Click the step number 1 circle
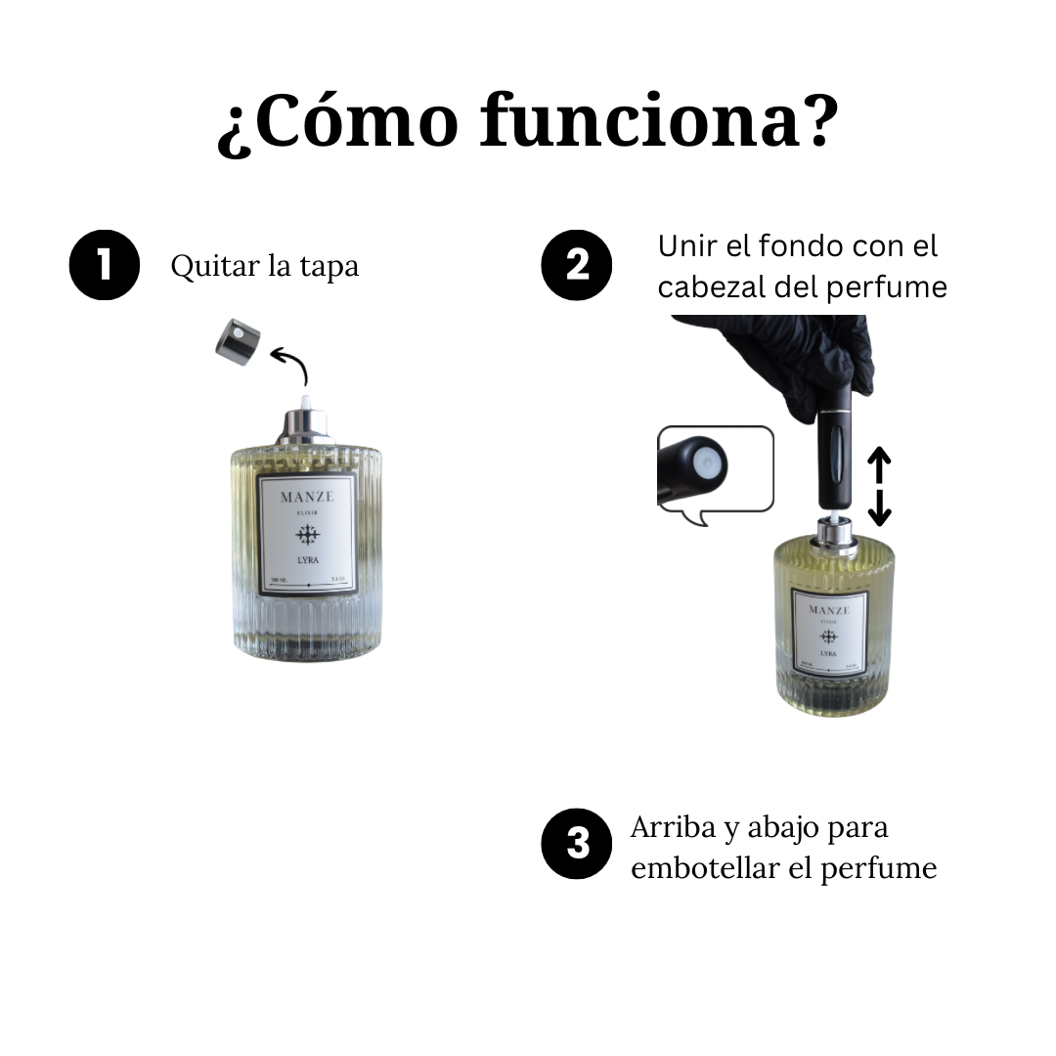pos(105,264)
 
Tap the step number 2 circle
pos(577,264)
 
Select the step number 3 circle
pos(577,844)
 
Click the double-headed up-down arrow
pos(880,486)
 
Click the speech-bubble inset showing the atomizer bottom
pos(715,470)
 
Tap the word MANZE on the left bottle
pos(307,497)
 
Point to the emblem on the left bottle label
pos(307,533)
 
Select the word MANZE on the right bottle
pos(829,610)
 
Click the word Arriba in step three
pos(673,827)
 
